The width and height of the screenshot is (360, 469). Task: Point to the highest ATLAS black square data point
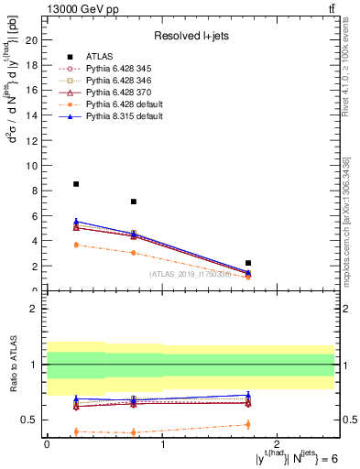(x=76, y=184)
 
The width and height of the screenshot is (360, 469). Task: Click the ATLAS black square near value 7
(x=134, y=202)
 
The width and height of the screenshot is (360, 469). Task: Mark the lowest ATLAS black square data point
(x=248, y=263)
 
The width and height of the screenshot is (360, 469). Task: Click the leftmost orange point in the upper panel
(x=76, y=245)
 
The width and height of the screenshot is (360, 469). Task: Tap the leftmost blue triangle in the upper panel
(x=76, y=221)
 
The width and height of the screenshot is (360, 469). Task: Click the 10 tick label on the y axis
(x=36, y=166)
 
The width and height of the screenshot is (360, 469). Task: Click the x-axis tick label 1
(x=162, y=443)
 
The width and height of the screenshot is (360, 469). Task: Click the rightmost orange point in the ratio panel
(x=248, y=424)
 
